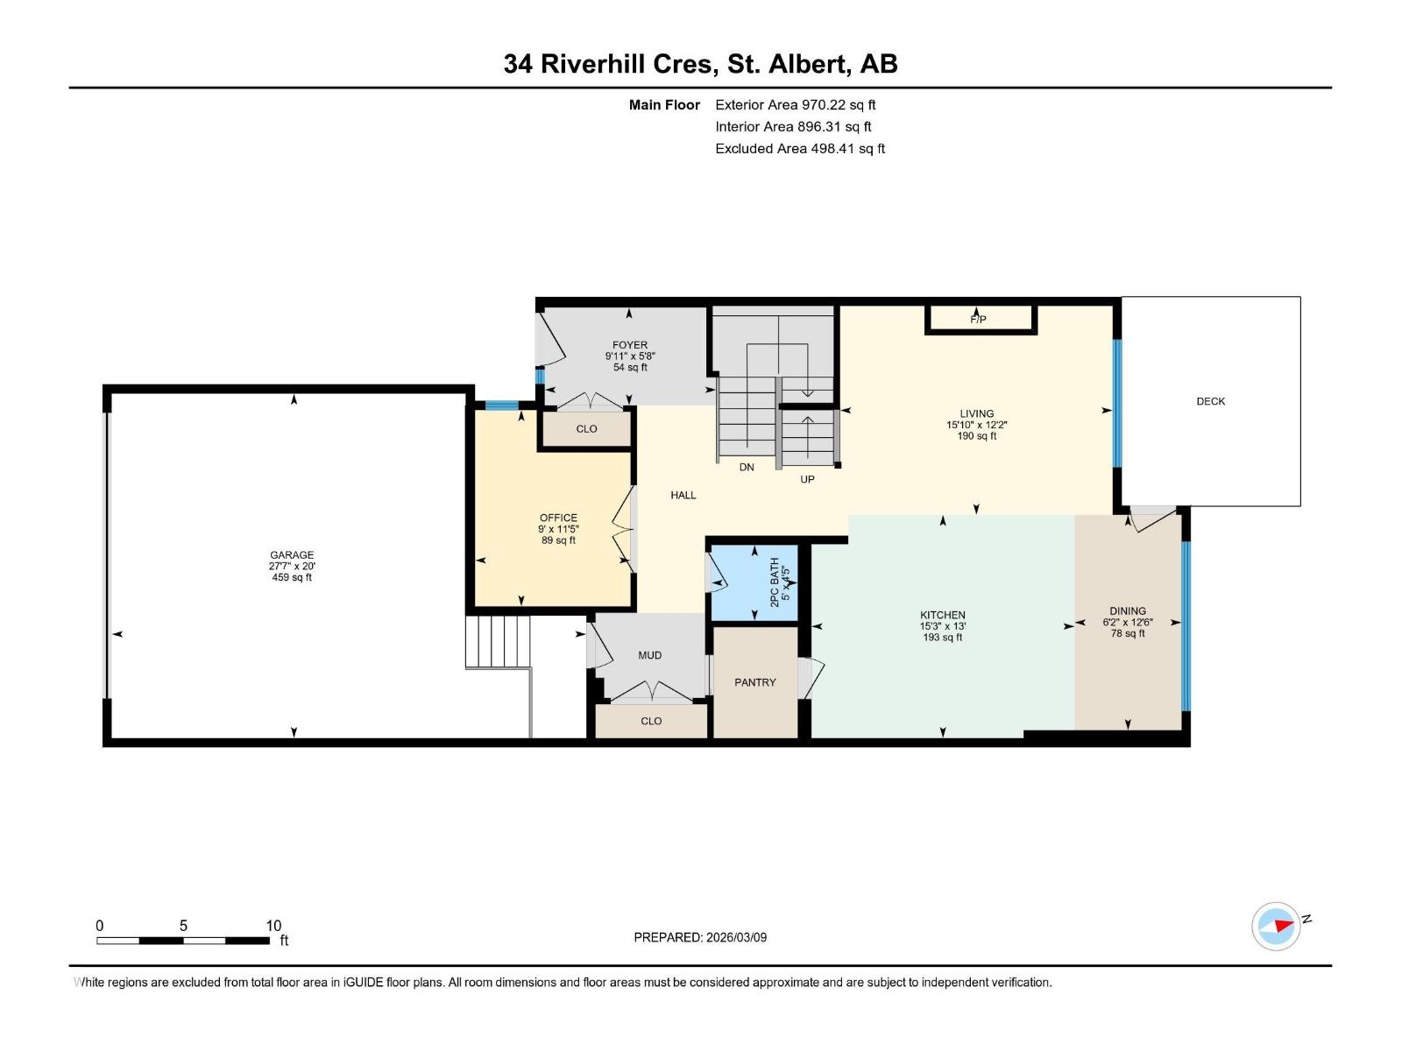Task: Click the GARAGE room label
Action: point(292,555)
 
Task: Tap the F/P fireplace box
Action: point(980,319)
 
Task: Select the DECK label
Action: point(1210,401)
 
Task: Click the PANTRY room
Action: point(754,682)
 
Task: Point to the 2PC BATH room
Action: point(755,582)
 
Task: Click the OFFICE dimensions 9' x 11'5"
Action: point(558,529)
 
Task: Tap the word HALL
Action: point(683,495)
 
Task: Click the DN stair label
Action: point(747,467)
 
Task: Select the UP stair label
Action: point(807,479)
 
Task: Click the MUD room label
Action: point(649,655)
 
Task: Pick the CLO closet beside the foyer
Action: point(586,428)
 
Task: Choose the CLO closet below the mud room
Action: point(651,721)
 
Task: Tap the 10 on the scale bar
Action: point(273,926)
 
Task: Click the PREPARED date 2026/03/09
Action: point(700,937)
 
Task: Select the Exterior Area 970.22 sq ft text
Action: point(795,105)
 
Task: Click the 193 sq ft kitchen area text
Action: point(943,638)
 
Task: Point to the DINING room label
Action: point(1127,610)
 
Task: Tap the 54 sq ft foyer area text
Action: point(630,367)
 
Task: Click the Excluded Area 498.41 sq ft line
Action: point(799,149)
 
